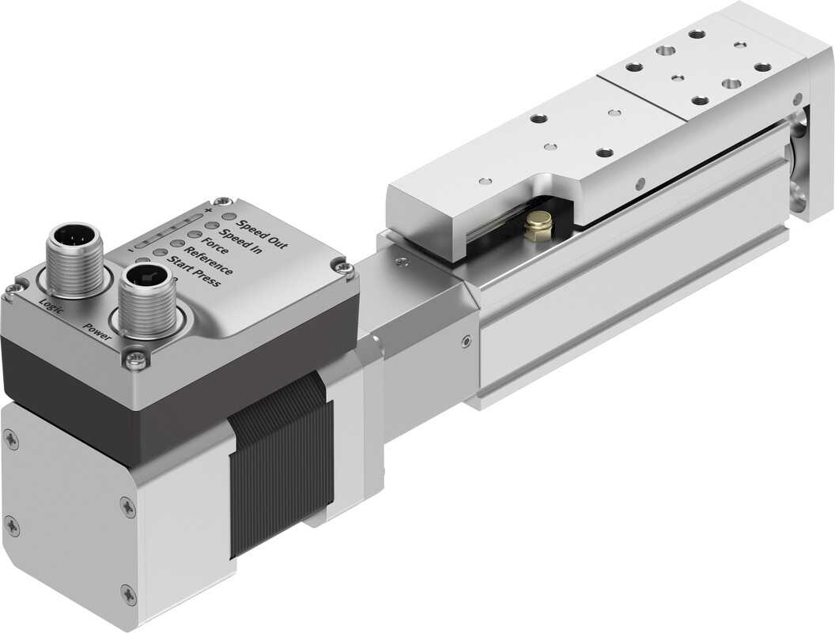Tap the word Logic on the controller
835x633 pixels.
[x=51, y=307]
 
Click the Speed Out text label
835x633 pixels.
[x=262, y=234]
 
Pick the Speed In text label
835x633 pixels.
[x=241, y=241]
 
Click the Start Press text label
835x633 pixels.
[x=194, y=272]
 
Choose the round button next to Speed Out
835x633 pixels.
[x=229, y=217]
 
